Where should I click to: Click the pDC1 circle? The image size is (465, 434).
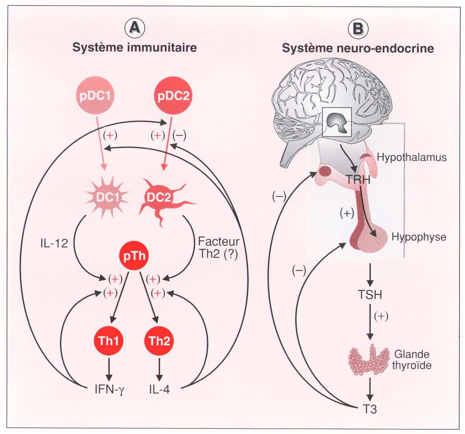tap(95, 95)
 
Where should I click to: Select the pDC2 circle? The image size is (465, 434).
tap(173, 95)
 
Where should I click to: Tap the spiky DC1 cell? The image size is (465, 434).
tap(107, 197)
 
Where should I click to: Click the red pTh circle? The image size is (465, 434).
tap(134, 256)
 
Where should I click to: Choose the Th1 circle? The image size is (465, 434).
tap(108, 341)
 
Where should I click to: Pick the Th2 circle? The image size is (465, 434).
tap(159, 341)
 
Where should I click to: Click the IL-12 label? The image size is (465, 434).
tap(54, 243)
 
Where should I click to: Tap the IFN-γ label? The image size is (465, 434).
tap(109, 390)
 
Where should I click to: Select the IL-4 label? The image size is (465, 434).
tap(159, 390)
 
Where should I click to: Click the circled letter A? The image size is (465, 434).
tap(135, 28)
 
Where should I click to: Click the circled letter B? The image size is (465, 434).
tap(358, 29)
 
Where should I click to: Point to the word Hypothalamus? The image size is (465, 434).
tap(412, 157)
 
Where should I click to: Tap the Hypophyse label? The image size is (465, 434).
tap(419, 237)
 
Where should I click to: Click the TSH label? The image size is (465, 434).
tap(370, 295)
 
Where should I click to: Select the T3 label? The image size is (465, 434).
tap(369, 409)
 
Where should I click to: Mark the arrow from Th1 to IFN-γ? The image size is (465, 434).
tap(109, 369)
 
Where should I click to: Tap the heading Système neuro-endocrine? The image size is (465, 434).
tap(358, 48)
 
